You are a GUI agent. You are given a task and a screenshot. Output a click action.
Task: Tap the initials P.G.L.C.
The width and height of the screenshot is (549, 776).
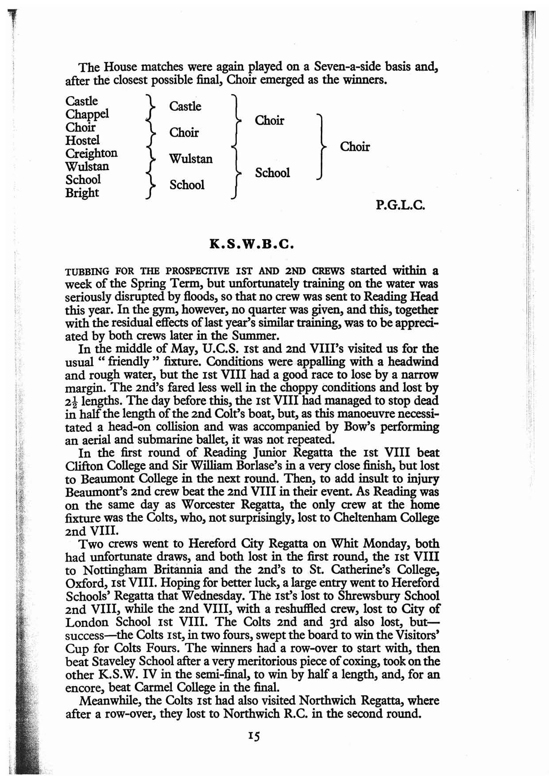click(x=401, y=206)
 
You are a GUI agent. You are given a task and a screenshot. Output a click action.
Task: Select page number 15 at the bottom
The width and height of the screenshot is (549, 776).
click(x=254, y=736)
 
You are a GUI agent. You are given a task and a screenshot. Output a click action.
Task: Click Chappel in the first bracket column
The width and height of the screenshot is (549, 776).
click(x=87, y=114)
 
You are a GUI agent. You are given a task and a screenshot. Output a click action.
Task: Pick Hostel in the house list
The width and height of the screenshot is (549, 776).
click(x=83, y=140)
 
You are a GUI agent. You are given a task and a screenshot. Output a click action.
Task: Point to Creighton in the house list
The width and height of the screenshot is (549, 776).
click(x=92, y=153)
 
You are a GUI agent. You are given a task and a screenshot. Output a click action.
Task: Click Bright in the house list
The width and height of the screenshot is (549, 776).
click(x=82, y=193)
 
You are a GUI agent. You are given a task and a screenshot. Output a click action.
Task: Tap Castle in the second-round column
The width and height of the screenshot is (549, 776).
click(x=185, y=106)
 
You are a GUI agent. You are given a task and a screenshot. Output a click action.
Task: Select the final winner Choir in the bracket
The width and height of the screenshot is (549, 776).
click(x=355, y=147)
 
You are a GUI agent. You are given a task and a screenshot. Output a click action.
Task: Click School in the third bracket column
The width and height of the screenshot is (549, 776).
click(x=272, y=173)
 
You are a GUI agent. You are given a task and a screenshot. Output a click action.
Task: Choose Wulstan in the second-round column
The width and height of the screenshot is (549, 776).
click(x=191, y=159)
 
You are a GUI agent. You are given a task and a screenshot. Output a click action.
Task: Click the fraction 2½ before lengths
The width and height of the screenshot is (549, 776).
click(x=71, y=401)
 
